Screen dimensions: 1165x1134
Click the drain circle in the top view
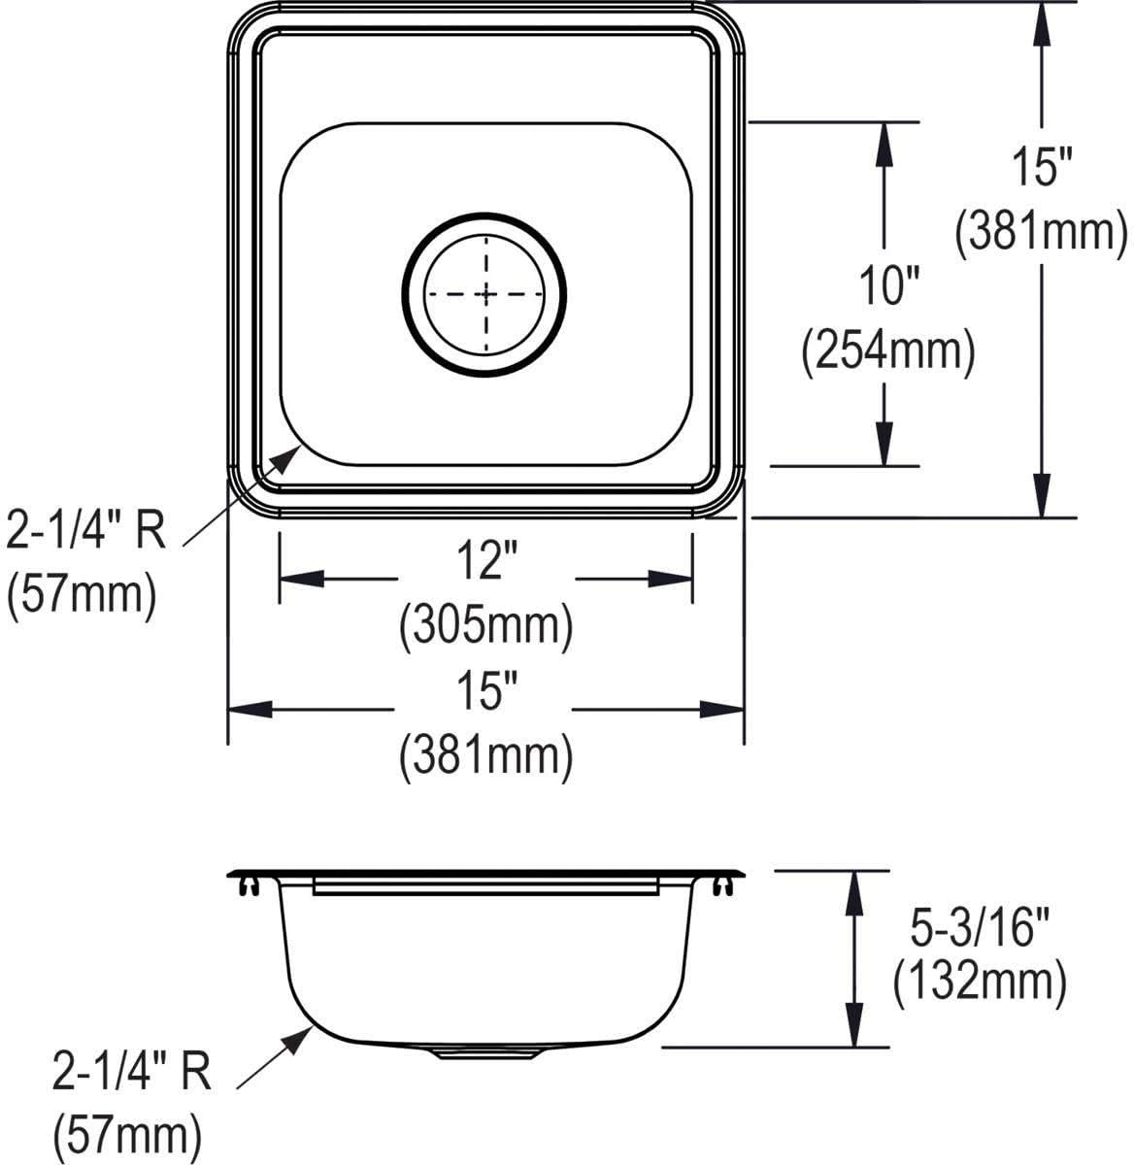pos(484,293)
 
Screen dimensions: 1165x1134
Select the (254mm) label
pos(886,350)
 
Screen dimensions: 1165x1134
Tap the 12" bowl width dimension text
pos(485,563)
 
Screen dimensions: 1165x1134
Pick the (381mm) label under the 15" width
pos(485,755)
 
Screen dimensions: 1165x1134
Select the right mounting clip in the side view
pos(722,885)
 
